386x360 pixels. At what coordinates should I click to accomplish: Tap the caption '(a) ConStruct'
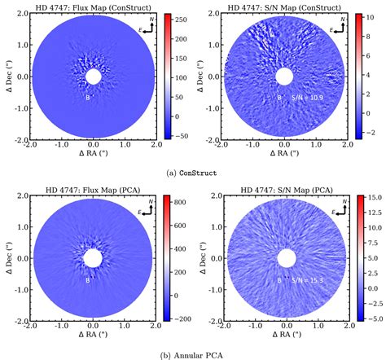192,172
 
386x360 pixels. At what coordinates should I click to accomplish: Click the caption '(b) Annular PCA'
192,353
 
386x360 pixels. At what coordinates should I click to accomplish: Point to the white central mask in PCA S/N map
284,259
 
